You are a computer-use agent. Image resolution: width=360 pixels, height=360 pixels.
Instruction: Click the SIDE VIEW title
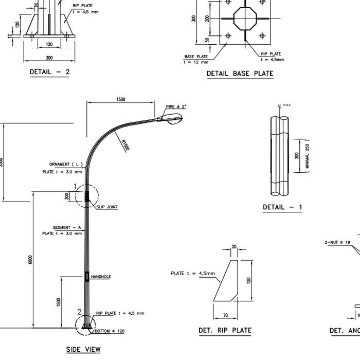[x=83, y=350]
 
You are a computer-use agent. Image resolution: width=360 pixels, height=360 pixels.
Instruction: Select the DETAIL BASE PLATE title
[x=240, y=74]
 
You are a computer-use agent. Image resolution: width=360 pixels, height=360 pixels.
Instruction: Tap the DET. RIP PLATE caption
[x=225, y=331]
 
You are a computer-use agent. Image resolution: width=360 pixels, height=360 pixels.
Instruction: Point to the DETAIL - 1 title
[x=282, y=207]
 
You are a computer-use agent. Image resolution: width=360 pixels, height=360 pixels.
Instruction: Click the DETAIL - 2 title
[x=49, y=72]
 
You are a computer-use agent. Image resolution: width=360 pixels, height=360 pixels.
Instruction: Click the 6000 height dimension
[x=30, y=260]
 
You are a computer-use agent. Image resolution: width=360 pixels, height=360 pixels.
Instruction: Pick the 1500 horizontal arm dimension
[x=121, y=99]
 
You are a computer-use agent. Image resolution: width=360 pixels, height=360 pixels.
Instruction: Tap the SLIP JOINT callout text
[x=107, y=207]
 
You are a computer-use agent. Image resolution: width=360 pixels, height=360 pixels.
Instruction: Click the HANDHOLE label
[x=101, y=277]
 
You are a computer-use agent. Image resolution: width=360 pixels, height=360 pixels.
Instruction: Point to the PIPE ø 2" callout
[x=176, y=107]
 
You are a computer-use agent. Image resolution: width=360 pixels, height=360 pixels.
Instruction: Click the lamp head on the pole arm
[x=172, y=119]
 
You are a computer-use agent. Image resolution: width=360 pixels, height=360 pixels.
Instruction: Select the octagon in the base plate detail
[x=243, y=19]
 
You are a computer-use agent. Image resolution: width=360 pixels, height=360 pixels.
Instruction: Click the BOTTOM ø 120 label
[x=110, y=331]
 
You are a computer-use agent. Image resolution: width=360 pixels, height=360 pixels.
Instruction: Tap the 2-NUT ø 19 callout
[x=337, y=242]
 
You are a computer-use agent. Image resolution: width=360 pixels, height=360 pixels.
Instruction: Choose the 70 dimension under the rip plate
[x=225, y=315]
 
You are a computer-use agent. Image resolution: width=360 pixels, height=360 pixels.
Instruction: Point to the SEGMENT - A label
[x=67, y=227]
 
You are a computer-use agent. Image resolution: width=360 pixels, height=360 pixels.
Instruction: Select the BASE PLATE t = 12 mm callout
[x=196, y=59]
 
